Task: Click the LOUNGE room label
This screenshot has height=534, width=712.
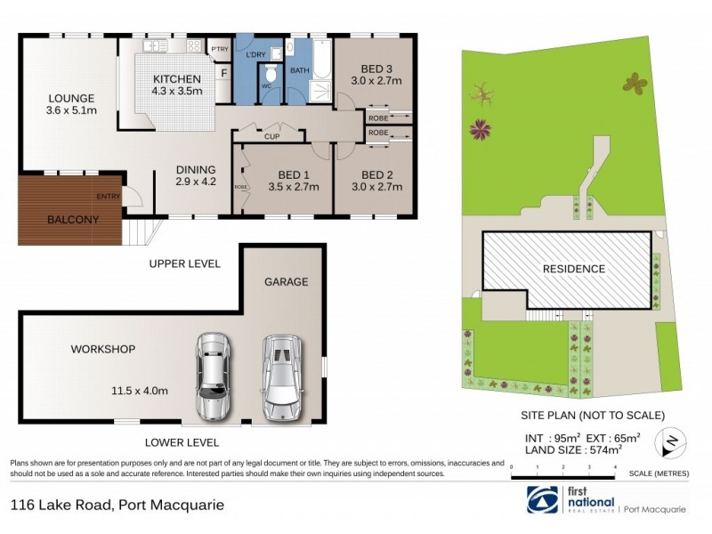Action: tap(71, 98)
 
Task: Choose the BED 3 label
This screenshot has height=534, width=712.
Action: tap(376, 69)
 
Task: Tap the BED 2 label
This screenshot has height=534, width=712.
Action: tap(376, 174)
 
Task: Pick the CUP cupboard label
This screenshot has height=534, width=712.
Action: tap(272, 137)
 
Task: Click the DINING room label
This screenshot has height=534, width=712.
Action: tap(194, 170)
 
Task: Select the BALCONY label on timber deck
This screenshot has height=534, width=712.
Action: tap(72, 220)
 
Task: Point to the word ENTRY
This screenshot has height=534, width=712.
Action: tap(108, 198)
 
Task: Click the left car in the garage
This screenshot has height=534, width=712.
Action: tap(213, 375)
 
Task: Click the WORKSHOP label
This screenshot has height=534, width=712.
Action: tap(103, 350)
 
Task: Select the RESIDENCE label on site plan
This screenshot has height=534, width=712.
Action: tap(574, 269)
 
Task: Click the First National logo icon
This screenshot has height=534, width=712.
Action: tap(543, 500)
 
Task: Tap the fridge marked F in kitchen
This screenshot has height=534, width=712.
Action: tap(224, 71)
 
